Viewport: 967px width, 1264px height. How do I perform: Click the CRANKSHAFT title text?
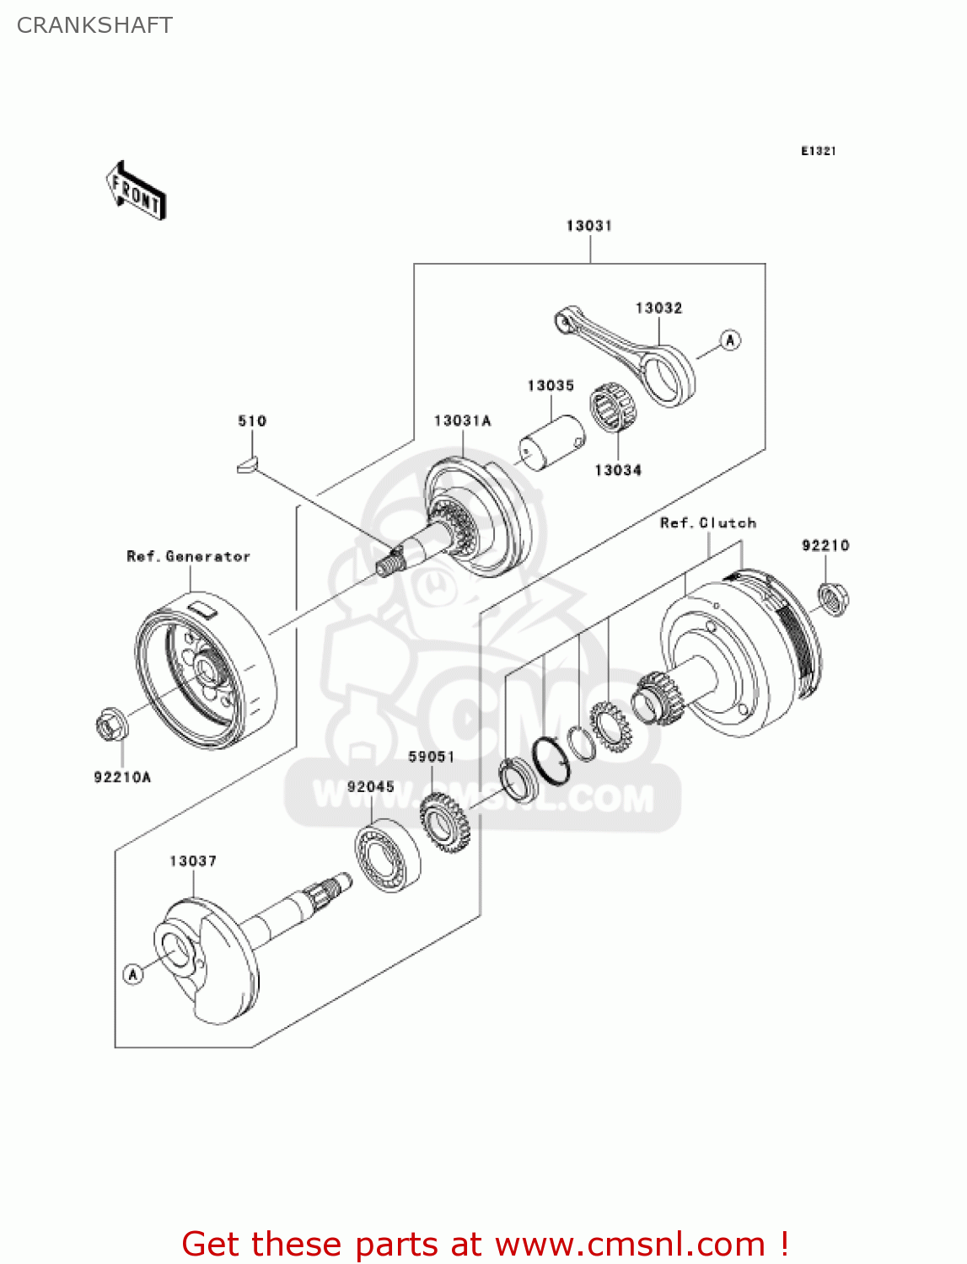click(94, 25)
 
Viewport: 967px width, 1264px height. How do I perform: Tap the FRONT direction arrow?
click(136, 191)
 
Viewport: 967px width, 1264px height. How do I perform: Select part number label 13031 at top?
click(588, 226)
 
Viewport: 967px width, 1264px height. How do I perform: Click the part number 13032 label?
click(658, 308)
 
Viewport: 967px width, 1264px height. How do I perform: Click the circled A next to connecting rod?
click(730, 340)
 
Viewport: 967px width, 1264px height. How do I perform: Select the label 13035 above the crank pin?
click(551, 386)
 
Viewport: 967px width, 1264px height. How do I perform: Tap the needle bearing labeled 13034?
click(613, 409)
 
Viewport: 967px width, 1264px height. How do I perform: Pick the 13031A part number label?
click(462, 420)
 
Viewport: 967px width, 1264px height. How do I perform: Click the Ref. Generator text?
click(189, 557)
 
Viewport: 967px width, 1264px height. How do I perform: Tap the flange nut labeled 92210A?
click(110, 725)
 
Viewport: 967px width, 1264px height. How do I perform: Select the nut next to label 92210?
click(833, 599)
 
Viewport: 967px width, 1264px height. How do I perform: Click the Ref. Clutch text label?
click(707, 523)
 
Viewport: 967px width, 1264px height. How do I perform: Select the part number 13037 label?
click(193, 861)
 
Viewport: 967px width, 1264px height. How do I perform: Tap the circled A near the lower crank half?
click(133, 974)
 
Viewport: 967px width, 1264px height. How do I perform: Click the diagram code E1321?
click(818, 151)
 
